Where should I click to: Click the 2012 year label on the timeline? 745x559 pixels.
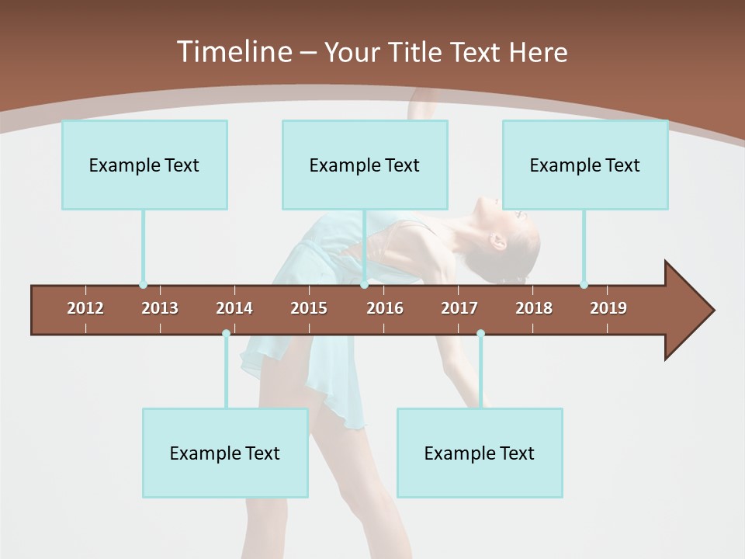tap(85, 308)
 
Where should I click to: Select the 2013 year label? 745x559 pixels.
tap(160, 308)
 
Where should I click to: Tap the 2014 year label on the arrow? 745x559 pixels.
tap(234, 308)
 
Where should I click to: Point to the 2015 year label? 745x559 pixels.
tap(309, 308)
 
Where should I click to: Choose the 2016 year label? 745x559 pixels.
tap(385, 308)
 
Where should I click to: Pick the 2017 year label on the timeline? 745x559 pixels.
tap(459, 308)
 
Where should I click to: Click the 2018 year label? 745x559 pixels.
tap(534, 308)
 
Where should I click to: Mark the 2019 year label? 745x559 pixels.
tap(608, 308)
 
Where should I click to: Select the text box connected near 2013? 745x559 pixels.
tap(144, 165)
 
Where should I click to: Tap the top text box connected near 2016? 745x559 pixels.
tap(365, 165)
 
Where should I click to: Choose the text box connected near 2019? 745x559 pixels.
tap(585, 165)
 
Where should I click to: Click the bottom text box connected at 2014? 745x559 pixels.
tap(225, 453)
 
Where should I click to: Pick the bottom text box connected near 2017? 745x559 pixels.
tap(480, 453)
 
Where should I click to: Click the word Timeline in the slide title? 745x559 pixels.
tap(233, 52)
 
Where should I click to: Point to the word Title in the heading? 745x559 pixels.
tap(416, 53)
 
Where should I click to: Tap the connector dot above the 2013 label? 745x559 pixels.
tap(143, 285)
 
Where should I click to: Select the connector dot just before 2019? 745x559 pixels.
tap(584, 285)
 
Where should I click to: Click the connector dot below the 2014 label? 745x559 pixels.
tap(226, 334)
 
